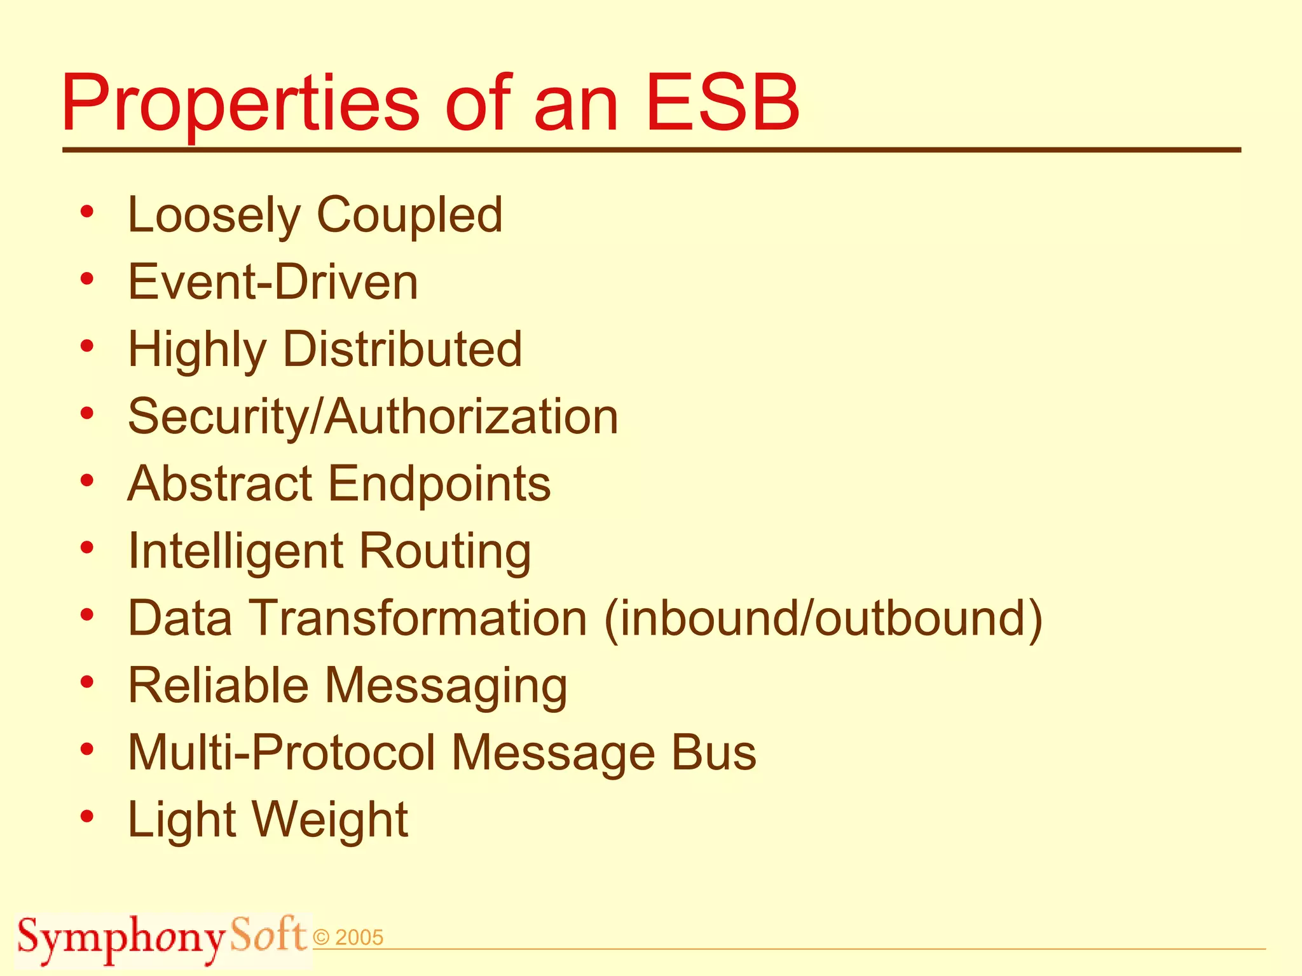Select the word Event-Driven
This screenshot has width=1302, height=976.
pos(273,282)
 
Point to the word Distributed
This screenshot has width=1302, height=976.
pos(402,349)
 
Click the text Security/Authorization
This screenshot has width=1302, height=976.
pos(373,417)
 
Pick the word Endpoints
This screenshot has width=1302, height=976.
pos(439,484)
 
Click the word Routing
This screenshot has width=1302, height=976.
pos(445,551)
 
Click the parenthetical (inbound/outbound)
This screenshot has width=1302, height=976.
pos(823,618)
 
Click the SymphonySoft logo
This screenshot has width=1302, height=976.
pos(162,938)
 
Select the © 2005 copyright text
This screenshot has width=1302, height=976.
pos(348,938)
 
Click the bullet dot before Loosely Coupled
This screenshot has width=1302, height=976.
pos(87,212)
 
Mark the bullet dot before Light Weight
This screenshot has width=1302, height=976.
pos(87,816)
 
